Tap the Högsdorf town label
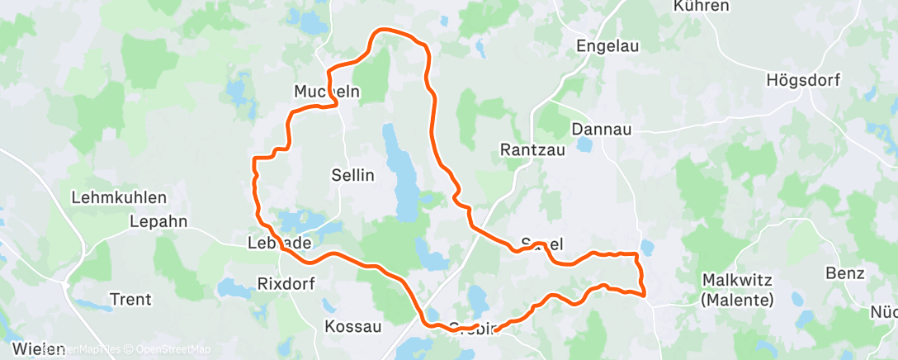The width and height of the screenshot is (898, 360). pos(802,80)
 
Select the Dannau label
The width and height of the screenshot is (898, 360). pos(601,130)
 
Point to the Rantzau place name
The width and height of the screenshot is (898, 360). pos(530,149)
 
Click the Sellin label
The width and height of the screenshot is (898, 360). pos(352,175)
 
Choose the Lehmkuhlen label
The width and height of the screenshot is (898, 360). pos(119,198)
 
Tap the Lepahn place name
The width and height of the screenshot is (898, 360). pos(158,221)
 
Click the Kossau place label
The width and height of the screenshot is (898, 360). pos(353,326)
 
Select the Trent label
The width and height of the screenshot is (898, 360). pos(130,298)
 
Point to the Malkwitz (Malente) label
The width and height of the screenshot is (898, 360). pos(737,289)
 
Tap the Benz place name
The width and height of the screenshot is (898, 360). pos(844,273)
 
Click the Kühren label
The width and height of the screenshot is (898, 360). pos(702,7)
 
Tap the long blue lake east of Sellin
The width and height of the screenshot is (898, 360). pos(404,178)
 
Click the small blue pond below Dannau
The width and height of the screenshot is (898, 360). pos(584,145)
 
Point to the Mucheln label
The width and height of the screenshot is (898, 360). pos(327,92)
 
